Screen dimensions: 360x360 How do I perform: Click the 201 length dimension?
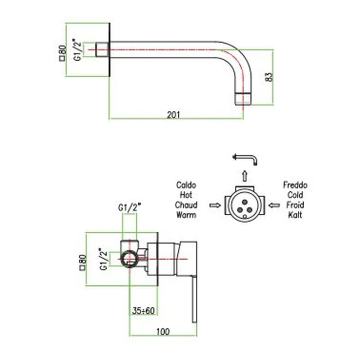(174, 115)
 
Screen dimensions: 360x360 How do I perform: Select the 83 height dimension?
(269, 76)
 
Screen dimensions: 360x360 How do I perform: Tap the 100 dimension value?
(163, 332)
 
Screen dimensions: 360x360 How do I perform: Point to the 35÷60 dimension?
(144, 310)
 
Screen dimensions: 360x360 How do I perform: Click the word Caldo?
(186, 185)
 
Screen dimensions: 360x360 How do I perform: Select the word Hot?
(186, 195)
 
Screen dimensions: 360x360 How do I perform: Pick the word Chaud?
(186, 205)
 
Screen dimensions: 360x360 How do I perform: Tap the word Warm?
(186, 215)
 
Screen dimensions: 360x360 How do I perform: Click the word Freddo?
(295, 185)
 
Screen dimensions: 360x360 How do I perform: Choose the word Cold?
(295, 195)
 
